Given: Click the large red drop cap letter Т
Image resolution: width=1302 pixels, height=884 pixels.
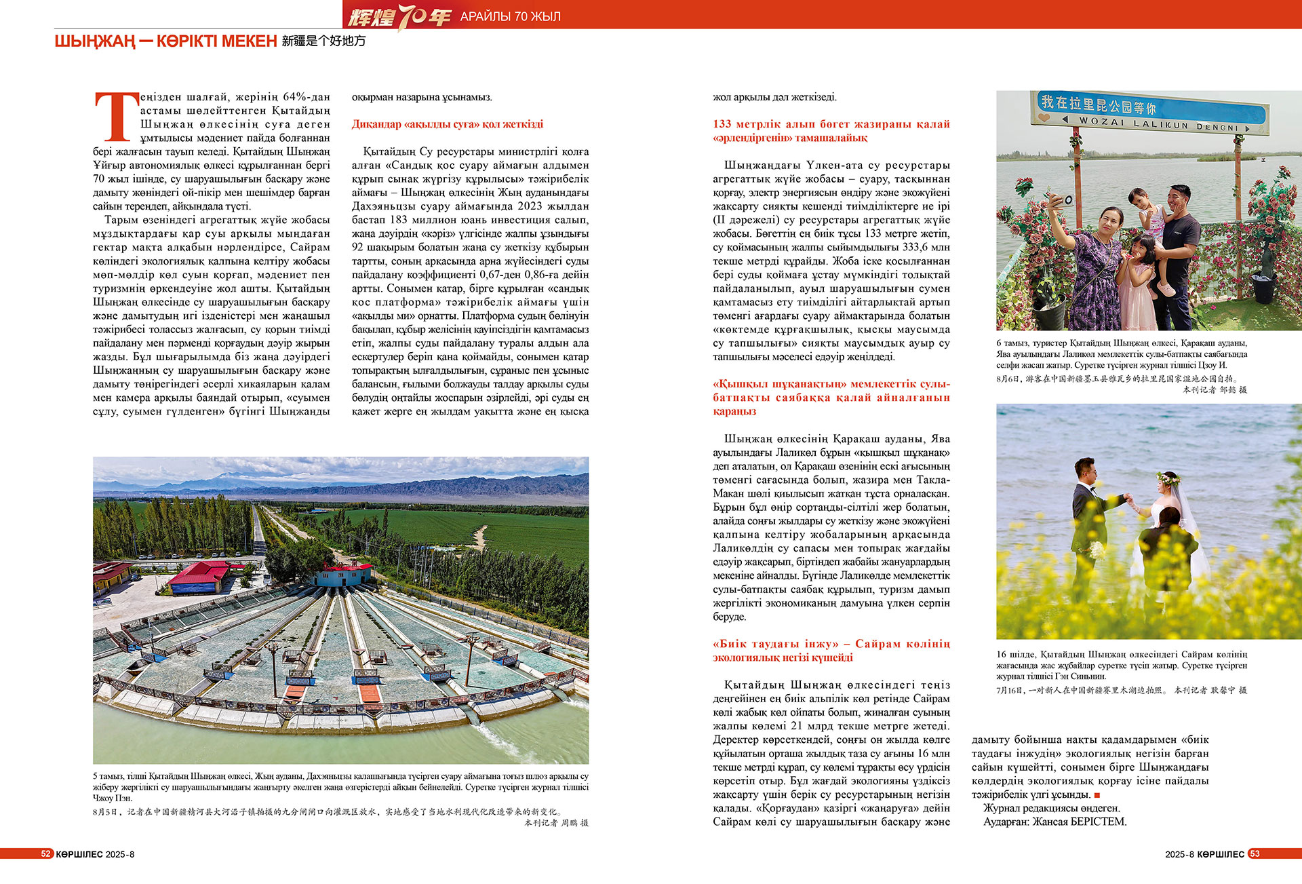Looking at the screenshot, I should [116, 117].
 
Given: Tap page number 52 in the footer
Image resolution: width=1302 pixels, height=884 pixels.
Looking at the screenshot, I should [46, 853].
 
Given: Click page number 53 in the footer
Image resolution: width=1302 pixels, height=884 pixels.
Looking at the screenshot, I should [1255, 853].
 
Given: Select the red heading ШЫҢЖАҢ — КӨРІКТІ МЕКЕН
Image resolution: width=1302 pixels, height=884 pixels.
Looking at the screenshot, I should [165, 41].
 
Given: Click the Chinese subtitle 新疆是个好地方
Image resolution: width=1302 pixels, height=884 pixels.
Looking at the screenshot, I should [323, 41].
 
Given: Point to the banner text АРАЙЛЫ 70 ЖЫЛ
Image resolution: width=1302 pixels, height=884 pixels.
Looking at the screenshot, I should [510, 16].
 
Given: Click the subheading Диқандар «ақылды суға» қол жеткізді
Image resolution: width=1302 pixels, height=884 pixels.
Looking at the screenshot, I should [447, 124].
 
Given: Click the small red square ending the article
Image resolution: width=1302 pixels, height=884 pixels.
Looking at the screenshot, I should [1097, 795].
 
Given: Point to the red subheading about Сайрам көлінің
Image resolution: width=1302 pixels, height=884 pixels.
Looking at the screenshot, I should [831, 650].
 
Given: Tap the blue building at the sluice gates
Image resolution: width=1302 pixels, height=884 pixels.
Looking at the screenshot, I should [343, 577].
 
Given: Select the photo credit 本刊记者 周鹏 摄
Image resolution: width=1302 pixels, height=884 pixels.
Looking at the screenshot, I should [556, 822].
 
